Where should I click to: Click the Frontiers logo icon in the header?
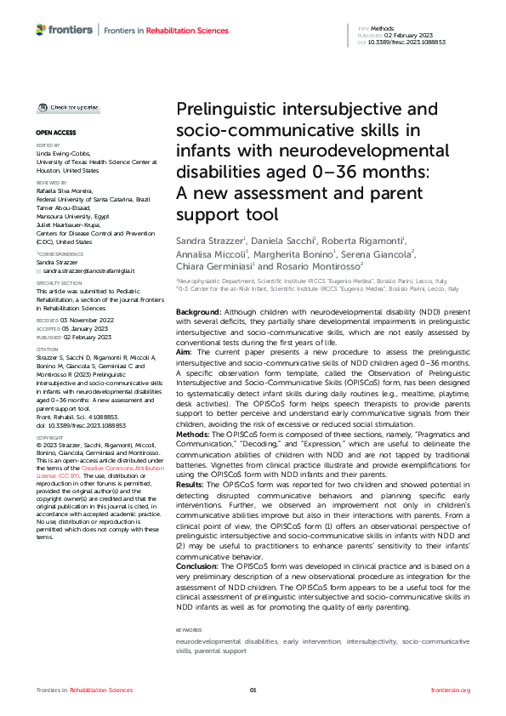(41, 30)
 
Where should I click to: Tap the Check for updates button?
(67, 108)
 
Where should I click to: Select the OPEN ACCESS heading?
(55, 134)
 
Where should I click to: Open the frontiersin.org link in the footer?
(451, 690)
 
